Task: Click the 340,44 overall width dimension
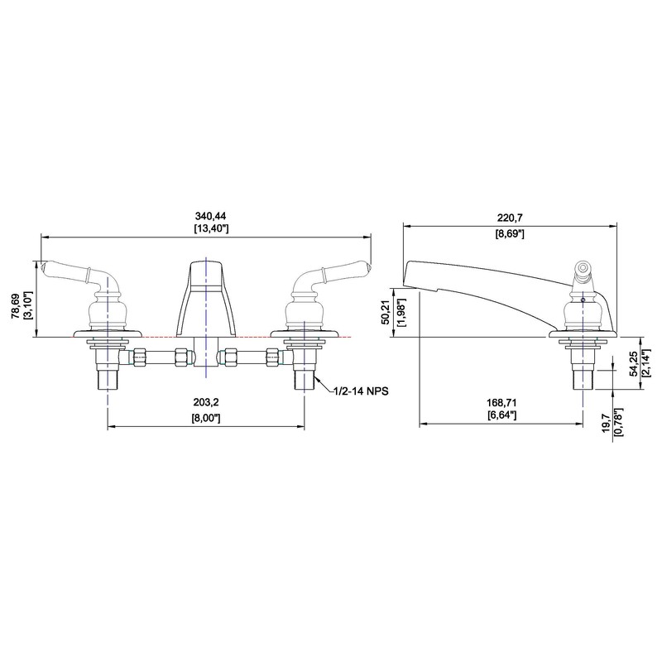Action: (210, 216)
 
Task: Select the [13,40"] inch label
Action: (211, 229)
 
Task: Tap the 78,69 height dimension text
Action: (16, 305)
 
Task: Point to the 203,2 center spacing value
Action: (205, 402)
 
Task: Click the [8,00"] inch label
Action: (206, 418)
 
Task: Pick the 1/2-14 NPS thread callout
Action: (362, 391)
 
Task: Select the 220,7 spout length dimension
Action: (510, 218)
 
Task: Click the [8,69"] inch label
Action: (510, 234)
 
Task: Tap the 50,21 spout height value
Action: (385, 313)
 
